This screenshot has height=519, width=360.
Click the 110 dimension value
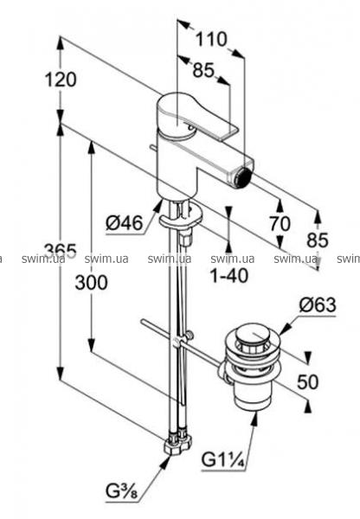[211, 40]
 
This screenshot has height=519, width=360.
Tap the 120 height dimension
[61, 80]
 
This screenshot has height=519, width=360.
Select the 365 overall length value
[61, 251]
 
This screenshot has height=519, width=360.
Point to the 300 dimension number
[92, 282]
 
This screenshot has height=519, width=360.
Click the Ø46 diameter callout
[125, 223]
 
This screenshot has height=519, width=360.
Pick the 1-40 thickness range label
[229, 275]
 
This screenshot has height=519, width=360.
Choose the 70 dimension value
[280, 223]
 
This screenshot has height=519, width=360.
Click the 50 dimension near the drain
[308, 381]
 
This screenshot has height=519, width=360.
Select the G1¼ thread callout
[223, 460]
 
